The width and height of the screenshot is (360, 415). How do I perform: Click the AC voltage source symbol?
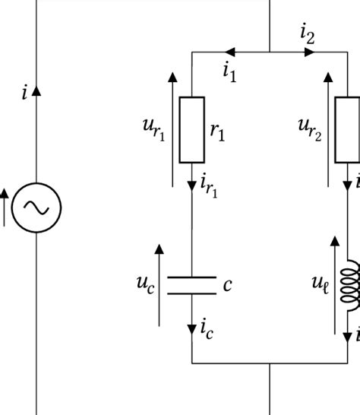(36, 206)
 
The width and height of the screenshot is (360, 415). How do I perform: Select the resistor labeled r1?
(191, 130)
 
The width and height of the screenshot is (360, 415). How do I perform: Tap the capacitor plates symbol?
(191, 286)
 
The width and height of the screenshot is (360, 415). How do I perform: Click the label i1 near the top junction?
(229, 71)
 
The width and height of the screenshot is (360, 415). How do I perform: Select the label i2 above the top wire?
(307, 33)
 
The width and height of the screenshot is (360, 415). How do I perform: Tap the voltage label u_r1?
(153, 128)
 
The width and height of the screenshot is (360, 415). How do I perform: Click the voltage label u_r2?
(309, 128)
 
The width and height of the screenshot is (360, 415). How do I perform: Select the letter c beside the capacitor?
(227, 285)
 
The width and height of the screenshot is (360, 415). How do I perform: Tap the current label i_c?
(207, 328)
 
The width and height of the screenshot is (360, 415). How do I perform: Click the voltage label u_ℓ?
(319, 284)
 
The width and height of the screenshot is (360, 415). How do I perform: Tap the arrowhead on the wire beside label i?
(36, 90)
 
